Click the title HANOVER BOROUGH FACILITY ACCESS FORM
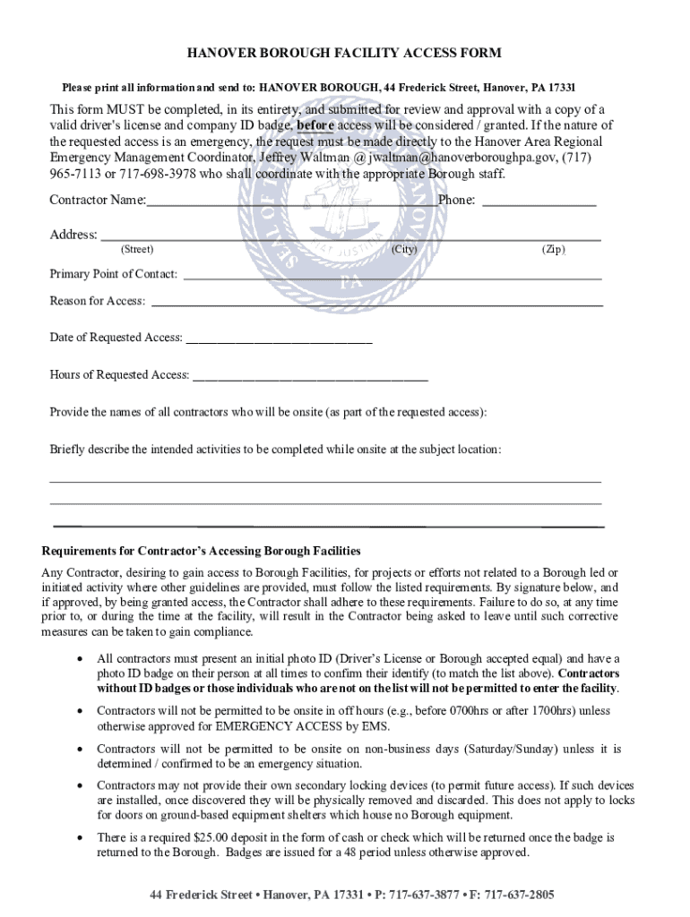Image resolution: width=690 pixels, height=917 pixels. tap(344, 54)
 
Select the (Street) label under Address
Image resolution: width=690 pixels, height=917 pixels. tap(137, 250)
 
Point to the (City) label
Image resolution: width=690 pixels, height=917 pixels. tap(404, 250)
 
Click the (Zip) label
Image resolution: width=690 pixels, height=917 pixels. tap(553, 250)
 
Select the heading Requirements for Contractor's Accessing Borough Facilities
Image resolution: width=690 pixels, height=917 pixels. tap(202, 550)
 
